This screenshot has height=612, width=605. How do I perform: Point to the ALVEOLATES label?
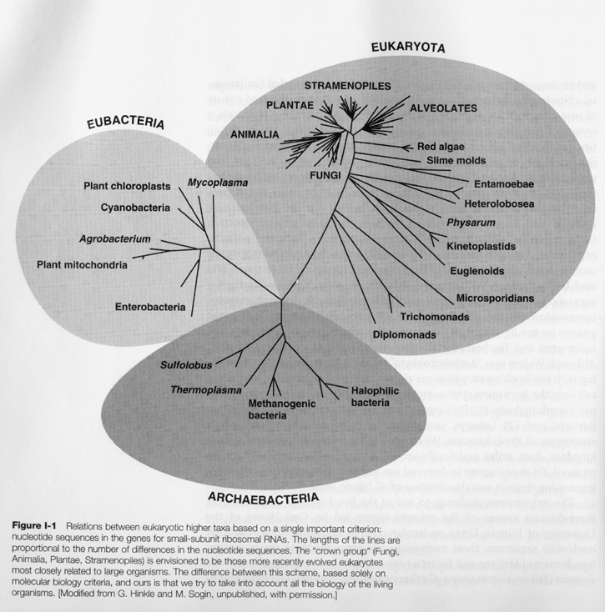click(443, 108)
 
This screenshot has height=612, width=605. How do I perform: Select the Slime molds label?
click(456, 160)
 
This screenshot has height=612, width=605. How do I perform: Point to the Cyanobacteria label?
click(136, 206)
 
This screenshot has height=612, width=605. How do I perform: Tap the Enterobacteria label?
click(149, 307)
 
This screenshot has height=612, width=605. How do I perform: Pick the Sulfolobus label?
click(186, 364)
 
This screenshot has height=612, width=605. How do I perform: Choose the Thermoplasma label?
click(206, 389)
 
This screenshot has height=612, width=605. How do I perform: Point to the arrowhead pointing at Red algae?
click(406, 147)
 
